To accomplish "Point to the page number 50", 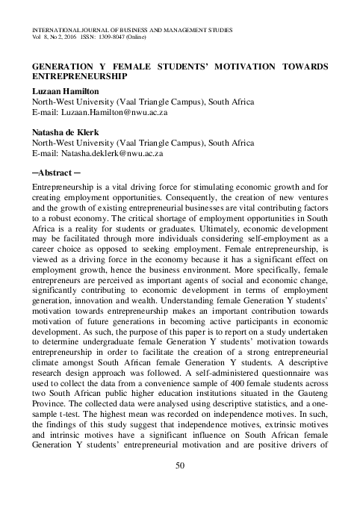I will pyautogui.click(x=179, y=488).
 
